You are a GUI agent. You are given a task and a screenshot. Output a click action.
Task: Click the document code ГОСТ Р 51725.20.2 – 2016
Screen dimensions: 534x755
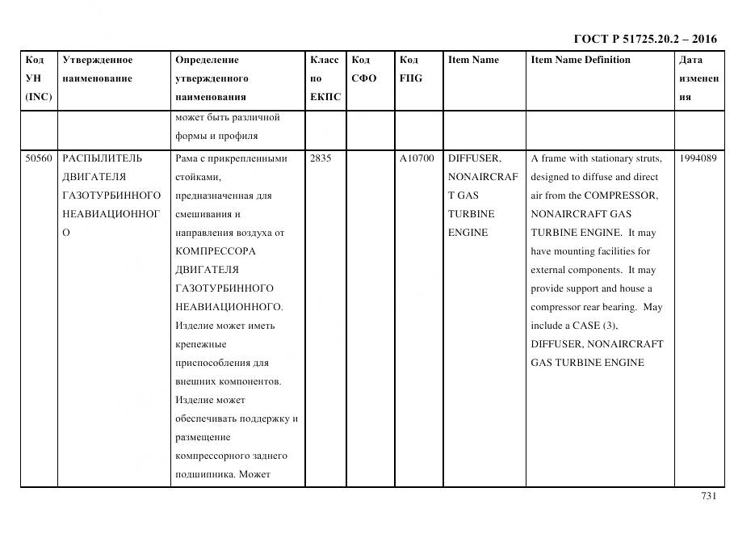coord(644,39)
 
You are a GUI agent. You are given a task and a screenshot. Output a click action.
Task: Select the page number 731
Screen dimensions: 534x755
coord(708,496)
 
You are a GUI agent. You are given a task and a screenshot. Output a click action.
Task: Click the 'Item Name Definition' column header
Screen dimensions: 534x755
coord(580,60)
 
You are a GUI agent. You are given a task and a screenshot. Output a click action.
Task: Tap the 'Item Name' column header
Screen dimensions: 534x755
coord(473,60)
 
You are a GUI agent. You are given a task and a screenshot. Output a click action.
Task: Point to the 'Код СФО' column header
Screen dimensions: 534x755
coord(363,69)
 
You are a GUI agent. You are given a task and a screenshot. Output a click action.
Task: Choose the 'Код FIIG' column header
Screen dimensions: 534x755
coord(410,69)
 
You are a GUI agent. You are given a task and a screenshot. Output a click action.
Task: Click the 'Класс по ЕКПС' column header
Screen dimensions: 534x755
coord(325,78)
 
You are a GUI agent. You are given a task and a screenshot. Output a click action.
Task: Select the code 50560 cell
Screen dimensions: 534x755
coord(38,158)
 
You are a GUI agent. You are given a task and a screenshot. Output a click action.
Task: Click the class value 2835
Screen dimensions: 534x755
coord(321,158)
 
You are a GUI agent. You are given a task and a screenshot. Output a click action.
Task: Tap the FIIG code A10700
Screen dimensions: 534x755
coord(417,158)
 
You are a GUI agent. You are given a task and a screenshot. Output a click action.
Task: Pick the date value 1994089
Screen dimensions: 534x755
coord(698,158)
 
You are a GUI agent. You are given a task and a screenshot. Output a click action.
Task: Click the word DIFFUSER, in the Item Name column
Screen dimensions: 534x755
coord(474,158)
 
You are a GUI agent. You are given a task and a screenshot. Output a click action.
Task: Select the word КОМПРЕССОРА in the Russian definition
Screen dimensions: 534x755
coord(207,251)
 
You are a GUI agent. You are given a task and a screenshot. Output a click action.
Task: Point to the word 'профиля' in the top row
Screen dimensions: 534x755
coord(239,136)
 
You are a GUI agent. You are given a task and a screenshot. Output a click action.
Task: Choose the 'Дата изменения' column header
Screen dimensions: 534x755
coord(698,78)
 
